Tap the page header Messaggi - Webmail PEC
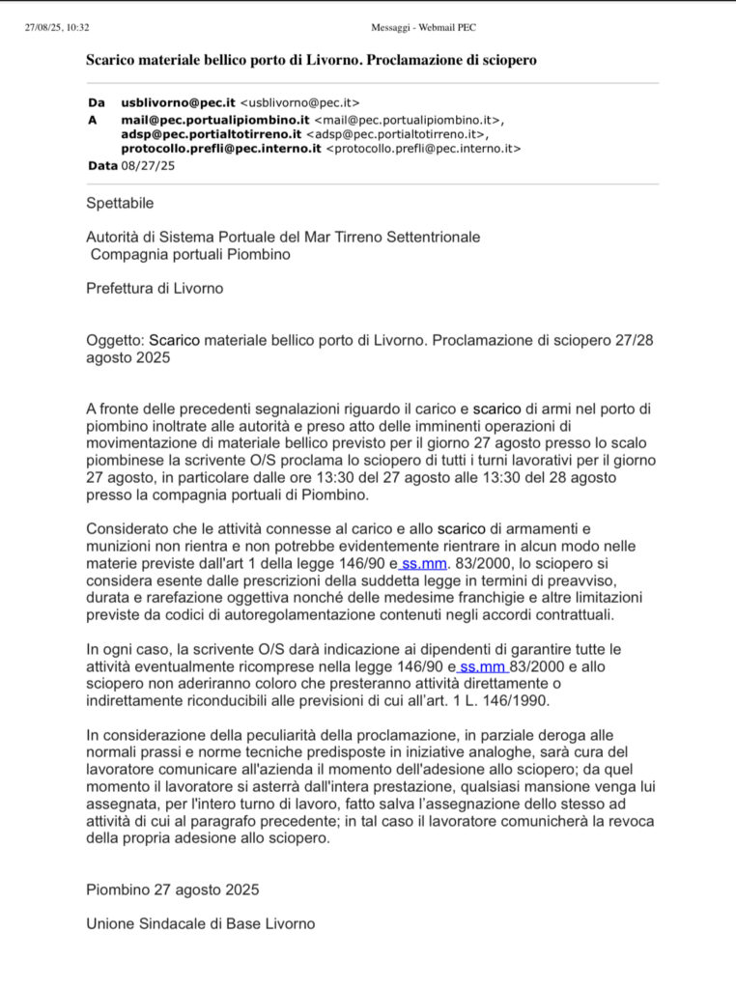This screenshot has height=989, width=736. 423,27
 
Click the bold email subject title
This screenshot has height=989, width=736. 311,60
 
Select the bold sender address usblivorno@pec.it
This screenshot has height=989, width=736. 178,102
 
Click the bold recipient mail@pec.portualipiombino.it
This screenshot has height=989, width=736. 214,119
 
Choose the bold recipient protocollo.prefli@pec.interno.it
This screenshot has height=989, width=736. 221,149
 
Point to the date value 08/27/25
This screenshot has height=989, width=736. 148,165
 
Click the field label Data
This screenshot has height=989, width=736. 101,165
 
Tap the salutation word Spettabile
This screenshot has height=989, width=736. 120,204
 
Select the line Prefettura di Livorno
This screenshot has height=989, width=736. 155,289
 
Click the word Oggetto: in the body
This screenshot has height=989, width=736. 115,341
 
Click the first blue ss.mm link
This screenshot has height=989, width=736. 423,563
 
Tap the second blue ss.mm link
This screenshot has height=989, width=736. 482,667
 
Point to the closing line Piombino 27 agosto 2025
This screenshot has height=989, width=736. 172,890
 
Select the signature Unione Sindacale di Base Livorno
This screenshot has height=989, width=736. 200,923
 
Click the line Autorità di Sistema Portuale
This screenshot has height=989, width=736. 283,237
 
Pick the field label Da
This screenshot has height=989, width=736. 96,102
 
